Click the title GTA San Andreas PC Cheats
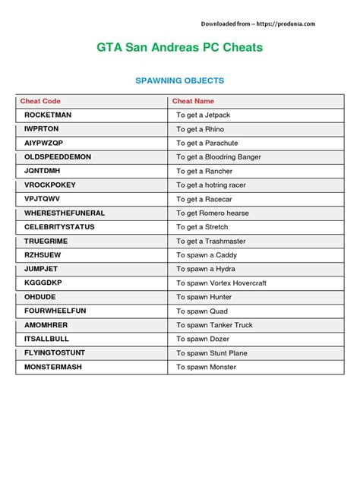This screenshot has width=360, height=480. (x=179, y=47)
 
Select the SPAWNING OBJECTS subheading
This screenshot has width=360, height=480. (x=179, y=81)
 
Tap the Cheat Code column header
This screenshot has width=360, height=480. (x=40, y=101)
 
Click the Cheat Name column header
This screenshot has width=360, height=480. (x=193, y=101)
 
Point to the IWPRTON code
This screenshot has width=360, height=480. (x=41, y=129)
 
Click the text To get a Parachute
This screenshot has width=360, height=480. (x=207, y=143)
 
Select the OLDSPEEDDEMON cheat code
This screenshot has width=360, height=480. (x=57, y=156)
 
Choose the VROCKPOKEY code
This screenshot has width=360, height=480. (x=50, y=185)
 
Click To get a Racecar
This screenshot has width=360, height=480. (x=204, y=199)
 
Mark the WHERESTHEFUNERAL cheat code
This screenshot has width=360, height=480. (x=65, y=213)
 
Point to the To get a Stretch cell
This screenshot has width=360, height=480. (x=202, y=227)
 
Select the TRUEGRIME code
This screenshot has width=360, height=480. (x=47, y=241)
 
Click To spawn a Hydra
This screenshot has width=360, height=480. (x=206, y=269)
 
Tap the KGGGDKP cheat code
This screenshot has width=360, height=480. (x=43, y=283)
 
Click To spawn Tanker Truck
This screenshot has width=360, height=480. (x=215, y=325)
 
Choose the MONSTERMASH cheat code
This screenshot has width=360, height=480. (x=53, y=367)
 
